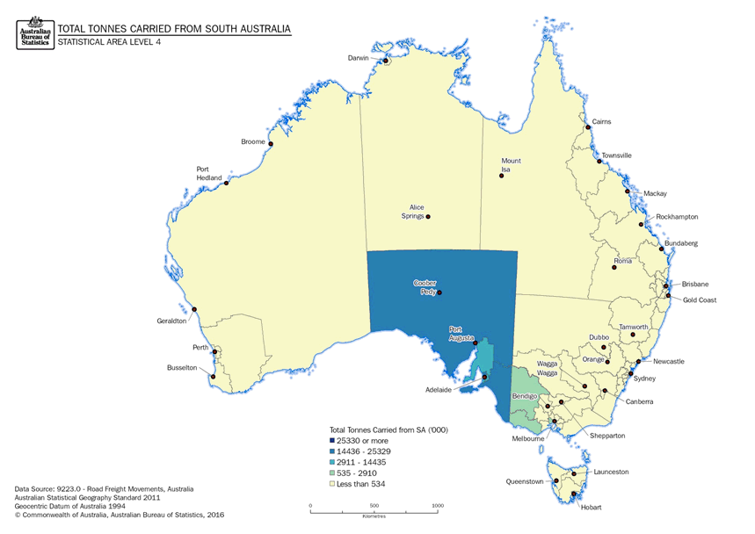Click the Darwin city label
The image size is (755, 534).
357,58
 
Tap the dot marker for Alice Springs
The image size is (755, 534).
428,216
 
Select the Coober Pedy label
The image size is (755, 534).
425,287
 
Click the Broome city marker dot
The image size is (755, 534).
271,144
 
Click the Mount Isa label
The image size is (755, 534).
511,165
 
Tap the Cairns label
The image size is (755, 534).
601,122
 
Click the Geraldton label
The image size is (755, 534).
172,321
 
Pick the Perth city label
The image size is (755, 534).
200,348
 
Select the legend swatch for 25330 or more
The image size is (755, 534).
331,440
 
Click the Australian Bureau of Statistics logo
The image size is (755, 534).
34,32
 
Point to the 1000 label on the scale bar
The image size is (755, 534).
438,506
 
